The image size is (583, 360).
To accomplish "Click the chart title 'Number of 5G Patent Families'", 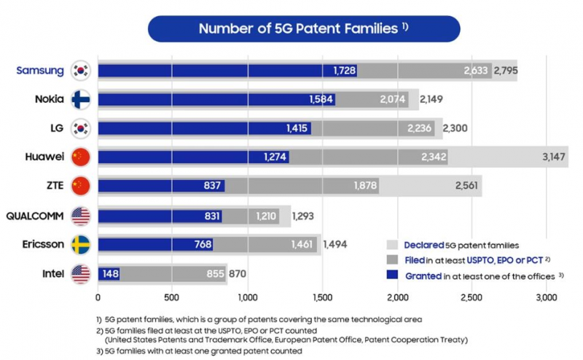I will point(299,29).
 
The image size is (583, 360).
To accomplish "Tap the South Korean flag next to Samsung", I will point(81,70).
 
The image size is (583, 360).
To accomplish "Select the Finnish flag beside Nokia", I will point(81,99).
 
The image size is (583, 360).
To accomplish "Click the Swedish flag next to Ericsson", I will point(81,245).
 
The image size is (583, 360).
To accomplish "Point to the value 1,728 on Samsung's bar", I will point(344,70).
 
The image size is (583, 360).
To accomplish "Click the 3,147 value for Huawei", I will point(555,157).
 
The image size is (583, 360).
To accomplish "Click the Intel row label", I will point(55,274).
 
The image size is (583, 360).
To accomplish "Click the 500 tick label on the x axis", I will point(172,297).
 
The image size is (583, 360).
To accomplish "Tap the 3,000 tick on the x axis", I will point(546,297).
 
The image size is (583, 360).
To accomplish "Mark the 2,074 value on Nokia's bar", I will point(393,99).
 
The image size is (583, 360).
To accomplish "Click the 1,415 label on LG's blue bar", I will point(298,128).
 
